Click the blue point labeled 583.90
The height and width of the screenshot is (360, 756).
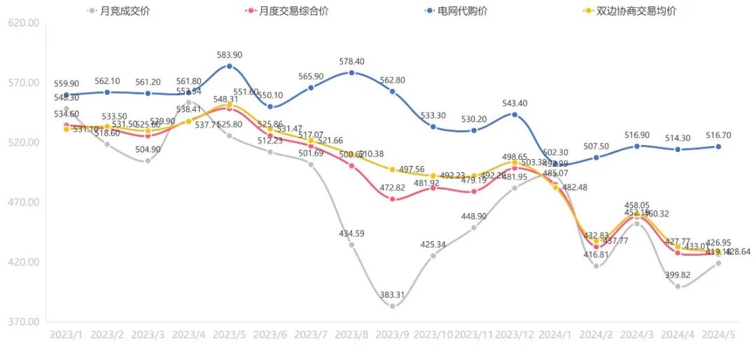tap(229, 66)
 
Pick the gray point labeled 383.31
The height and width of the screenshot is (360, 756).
tap(393, 306)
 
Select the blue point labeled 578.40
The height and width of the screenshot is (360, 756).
tap(351, 73)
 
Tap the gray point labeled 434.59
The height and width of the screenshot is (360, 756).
tap(351, 244)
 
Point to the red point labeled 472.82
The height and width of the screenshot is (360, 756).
tap(393, 199)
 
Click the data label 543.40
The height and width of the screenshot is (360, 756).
tap(514, 104)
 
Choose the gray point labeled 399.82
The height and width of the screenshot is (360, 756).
tap(678, 286)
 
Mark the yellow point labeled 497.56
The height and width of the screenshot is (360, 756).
tap(393, 169)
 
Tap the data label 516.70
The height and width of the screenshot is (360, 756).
tap(719, 135)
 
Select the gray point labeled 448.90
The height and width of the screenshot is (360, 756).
tap(474, 228)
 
